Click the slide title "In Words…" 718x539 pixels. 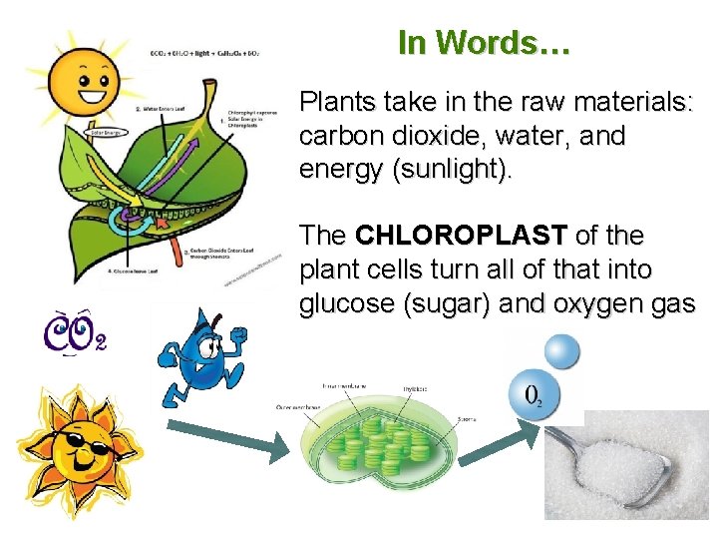(x=483, y=43)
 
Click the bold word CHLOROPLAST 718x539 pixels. (x=461, y=237)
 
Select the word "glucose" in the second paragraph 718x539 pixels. (x=343, y=304)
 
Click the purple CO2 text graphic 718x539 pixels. (x=74, y=331)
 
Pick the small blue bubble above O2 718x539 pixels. (x=560, y=350)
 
